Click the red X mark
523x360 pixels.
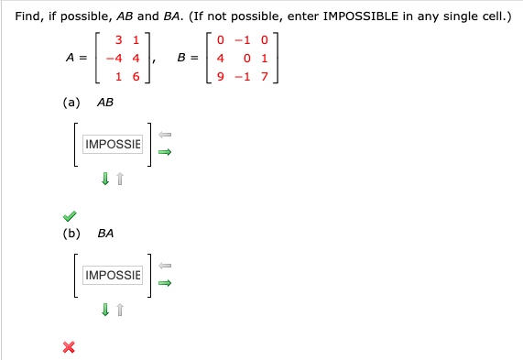pyautogui.click(x=68, y=346)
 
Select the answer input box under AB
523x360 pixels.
pyautogui.click(x=113, y=145)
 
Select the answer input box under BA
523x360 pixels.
pyautogui.click(x=113, y=275)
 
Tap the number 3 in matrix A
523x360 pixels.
pyautogui.click(x=120, y=40)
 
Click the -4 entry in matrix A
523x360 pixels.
pyautogui.click(x=115, y=59)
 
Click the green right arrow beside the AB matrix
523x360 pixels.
pyautogui.click(x=165, y=153)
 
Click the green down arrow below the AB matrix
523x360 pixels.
pyautogui.click(x=106, y=180)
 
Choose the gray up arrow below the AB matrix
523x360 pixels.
pyautogui.click(x=120, y=180)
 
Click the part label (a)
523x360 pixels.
pyautogui.click(x=71, y=104)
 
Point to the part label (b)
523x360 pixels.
pyautogui.click(x=71, y=234)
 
